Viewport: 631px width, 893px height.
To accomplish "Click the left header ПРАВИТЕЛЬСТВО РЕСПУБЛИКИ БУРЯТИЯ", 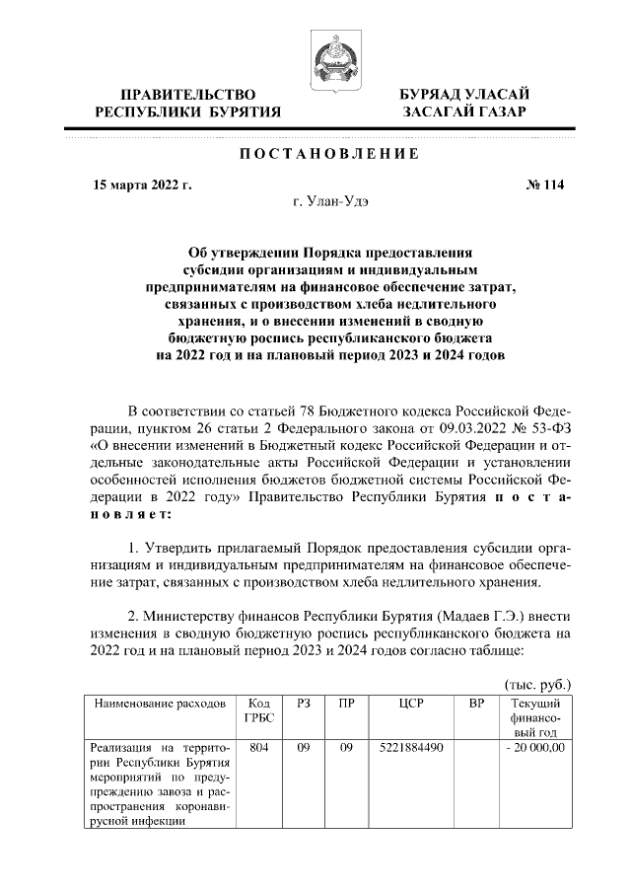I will [x=187, y=103].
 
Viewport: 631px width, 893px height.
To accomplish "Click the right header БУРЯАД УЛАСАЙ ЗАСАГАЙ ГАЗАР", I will [x=463, y=103].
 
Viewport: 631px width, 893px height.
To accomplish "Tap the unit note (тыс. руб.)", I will [x=537, y=684].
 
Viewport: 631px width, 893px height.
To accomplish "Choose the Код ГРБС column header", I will [x=259, y=711].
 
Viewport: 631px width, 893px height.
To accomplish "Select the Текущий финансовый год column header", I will [x=535, y=718].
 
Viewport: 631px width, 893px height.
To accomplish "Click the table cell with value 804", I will [x=259, y=748].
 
